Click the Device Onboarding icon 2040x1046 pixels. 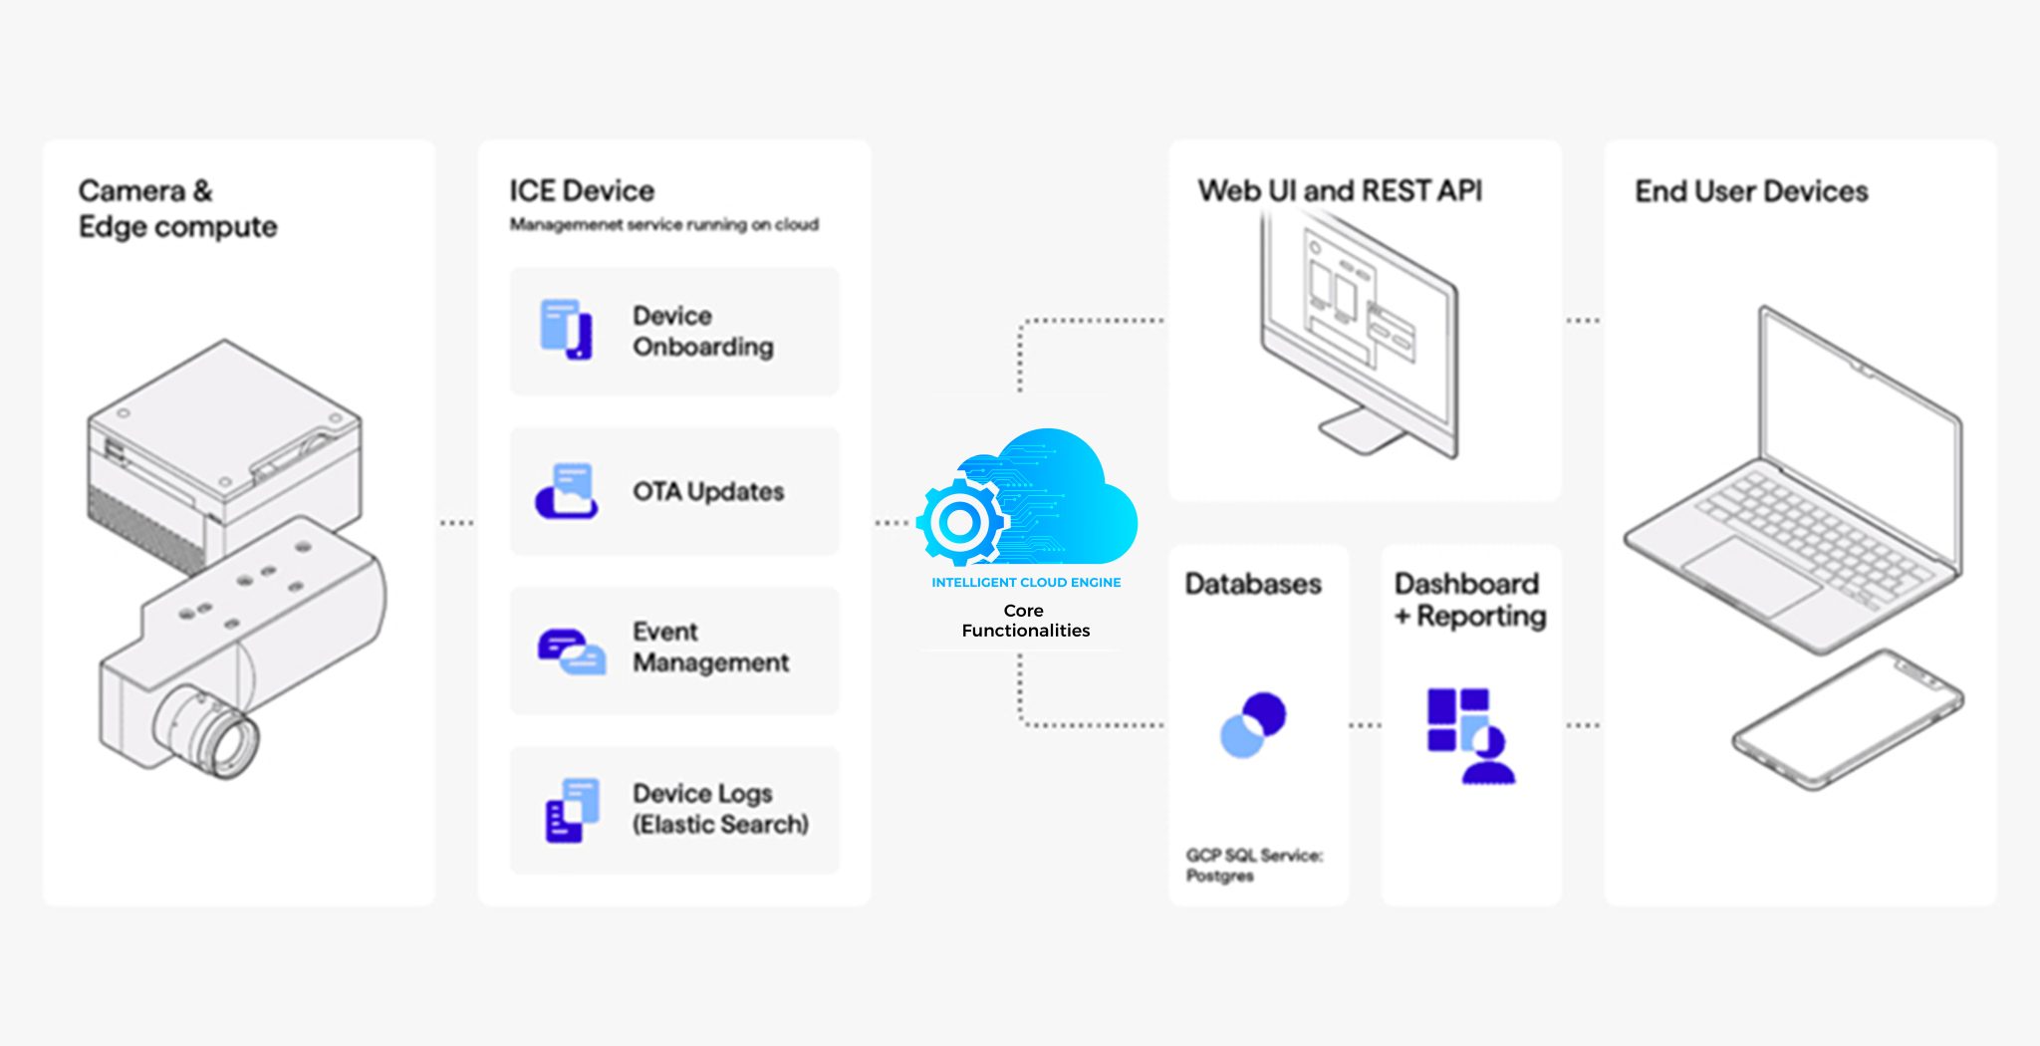point(566,329)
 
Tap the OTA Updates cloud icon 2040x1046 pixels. point(567,491)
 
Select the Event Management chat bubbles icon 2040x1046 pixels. point(571,652)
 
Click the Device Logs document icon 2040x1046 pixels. point(572,810)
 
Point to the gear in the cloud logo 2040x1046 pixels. point(960,521)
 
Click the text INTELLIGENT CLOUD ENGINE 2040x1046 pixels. point(1026,583)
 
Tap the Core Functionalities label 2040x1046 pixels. point(1025,621)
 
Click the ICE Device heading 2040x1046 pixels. point(582,191)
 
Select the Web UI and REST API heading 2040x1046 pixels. point(1340,191)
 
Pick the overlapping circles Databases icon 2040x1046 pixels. point(1253,724)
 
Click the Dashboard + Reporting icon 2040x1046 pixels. point(1470,735)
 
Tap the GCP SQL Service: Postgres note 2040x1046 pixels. point(1253,866)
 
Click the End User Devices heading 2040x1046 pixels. point(1751,191)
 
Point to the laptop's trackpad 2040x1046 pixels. point(1750,576)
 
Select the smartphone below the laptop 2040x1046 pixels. point(1848,718)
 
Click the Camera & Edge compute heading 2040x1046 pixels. point(177,209)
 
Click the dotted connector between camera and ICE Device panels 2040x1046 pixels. point(456,523)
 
